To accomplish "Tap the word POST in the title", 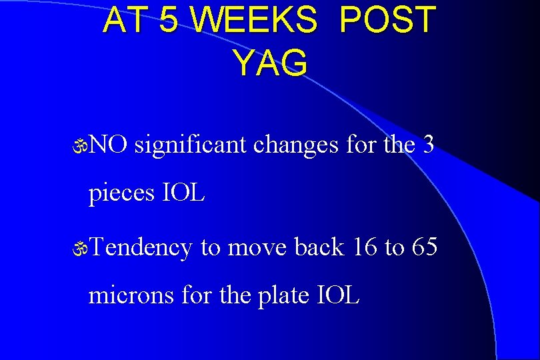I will point(387,21).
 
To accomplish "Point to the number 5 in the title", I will point(169,21).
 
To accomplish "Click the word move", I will point(257,248).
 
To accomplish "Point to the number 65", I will point(425,247).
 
